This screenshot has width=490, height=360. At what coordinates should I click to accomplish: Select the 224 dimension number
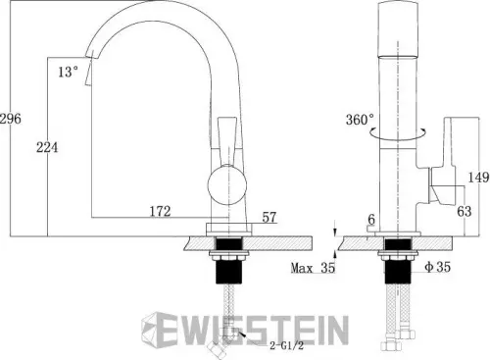pos(47,147)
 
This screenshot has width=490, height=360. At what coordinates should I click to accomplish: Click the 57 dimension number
pos(269,216)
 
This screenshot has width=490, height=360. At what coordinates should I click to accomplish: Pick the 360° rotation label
pos(360,120)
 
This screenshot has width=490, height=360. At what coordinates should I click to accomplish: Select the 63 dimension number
pos(465,211)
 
